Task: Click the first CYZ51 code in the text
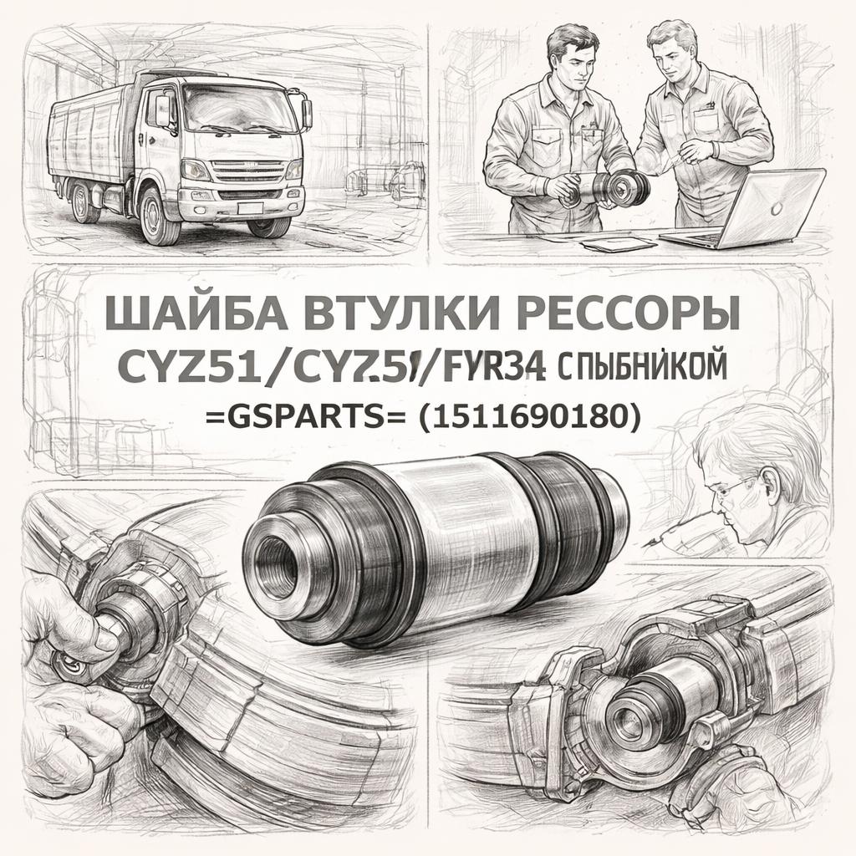pyautogui.click(x=181, y=368)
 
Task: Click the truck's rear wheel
pyautogui.click(x=84, y=204)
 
